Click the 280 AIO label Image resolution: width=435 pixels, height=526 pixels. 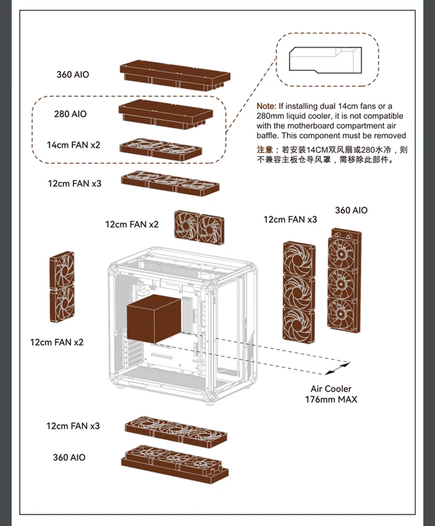tap(70, 114)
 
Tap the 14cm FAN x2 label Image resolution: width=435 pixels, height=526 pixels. tap(74, 145)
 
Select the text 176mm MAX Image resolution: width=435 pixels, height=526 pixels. tap(331, 399)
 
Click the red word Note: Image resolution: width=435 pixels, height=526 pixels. tap(266, 106)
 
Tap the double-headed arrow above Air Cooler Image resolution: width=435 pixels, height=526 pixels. tap(338, 368)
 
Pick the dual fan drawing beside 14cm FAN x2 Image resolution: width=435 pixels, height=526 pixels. tap(161, 149)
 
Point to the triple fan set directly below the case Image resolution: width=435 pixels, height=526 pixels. tap(175, 431)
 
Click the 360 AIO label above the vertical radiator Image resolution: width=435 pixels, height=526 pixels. tap(351, 210)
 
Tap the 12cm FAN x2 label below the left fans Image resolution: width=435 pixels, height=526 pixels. tap(57, 343)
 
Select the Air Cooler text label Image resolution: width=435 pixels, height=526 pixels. tap(331, 388)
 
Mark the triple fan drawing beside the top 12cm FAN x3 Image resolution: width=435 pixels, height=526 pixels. tap(171, 183)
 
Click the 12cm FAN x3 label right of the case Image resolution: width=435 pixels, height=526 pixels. tap(290, 219)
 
